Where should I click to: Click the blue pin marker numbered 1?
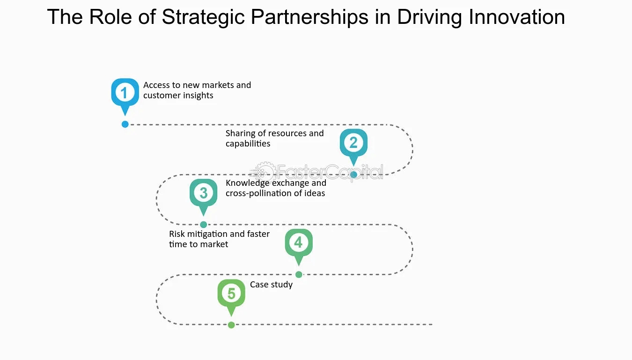tap(125, 92)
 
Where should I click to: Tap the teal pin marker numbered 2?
tap(353, 142)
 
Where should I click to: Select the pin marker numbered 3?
tap(203, 192)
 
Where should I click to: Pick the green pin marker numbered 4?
tap(298, 242)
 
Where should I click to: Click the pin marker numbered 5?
tap(231, 293)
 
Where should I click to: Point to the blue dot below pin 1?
tap(125, 124)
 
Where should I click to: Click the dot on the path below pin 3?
tap(204, 225)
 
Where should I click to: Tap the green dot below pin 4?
tap(299, 274)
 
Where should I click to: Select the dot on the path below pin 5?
tap(231, 325)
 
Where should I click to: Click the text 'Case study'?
tap(271, 285)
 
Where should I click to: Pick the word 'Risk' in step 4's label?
tap(177, 234)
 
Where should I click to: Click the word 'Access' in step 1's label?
tap(157, 85)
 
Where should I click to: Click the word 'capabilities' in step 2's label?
tap(248, 144)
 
